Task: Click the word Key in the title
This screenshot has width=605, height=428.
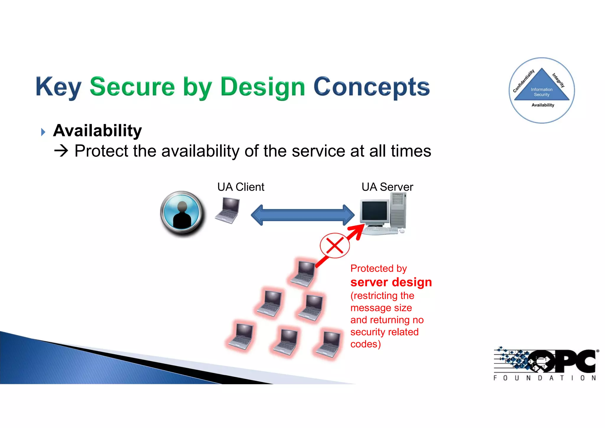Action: pyautogui.click(x=58, y=87)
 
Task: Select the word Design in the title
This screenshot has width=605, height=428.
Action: pyautogui.click(x=262, y=87)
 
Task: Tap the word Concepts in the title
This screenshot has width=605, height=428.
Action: pyautogui.click(x=371, y=87)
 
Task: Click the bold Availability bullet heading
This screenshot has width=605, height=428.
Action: pyautogui.click(x=97, y=131)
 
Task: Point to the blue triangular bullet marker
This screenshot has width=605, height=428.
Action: pyautogui.click(x=43, y=132)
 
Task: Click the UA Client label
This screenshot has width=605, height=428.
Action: pyautogui.click(x=240, y=187)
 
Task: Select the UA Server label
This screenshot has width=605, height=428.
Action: pyautogui.click(x=387, y=187)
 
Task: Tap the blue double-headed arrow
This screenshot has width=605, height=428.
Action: pyautogui.click(x=302, y=215)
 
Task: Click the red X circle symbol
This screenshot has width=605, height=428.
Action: pyautogui.click(x=335, y=245)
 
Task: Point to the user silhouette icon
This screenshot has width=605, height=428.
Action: pyautogui.click(x=182, y=214)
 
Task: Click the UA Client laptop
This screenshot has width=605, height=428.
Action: pyautogui.click(x=227, y=211)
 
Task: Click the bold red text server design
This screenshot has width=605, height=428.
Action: pyautogui.click(x=391, y=282)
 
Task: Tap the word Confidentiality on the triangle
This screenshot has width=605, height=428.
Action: pyautogui.click(x=523, y=81)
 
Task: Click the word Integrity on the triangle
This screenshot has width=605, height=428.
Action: pyautogui.click(x=558, y=80)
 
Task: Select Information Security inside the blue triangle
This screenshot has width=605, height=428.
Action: pyautogui.click(x=541, y=92)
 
